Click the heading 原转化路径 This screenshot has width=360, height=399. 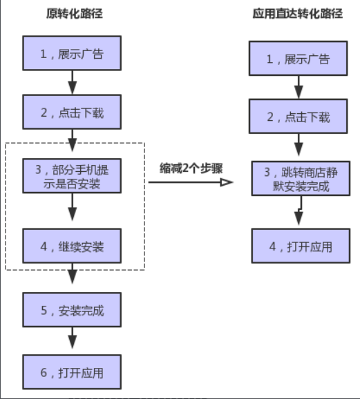72,14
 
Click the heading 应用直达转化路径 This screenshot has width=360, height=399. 298,14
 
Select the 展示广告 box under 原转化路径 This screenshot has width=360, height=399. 72,54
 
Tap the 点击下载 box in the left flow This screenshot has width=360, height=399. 72,113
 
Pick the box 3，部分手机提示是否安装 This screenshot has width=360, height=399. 72,177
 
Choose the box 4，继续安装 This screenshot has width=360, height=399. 72,246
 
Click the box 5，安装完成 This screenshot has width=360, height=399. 72,310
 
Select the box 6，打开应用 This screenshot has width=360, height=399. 72,372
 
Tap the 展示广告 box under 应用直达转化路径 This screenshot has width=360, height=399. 299,59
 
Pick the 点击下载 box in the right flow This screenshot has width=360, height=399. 299,117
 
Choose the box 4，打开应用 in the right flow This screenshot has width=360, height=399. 299,246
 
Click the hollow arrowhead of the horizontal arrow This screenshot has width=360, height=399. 225,182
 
